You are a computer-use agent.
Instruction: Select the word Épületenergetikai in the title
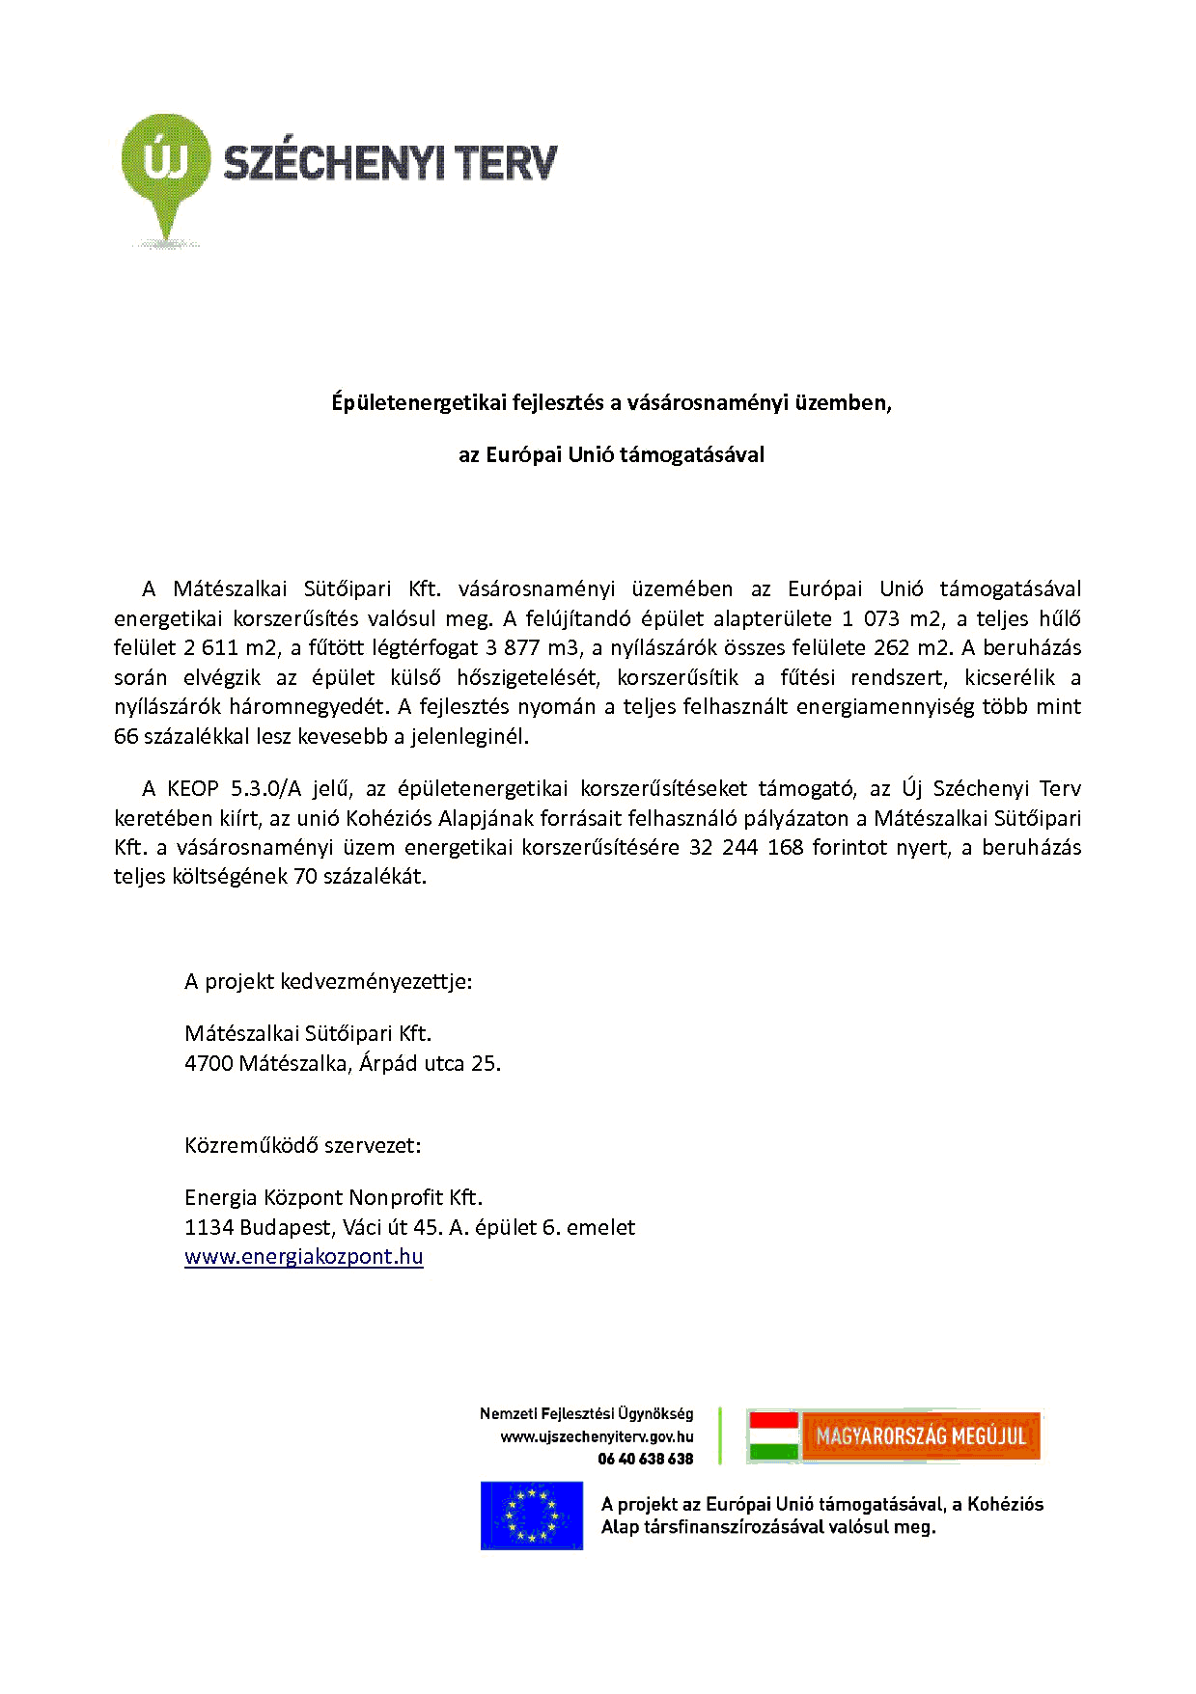(x=419, y=403)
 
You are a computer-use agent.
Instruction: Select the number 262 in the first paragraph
(x=891, y=648)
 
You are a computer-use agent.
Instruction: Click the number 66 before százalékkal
(x=125, y=737)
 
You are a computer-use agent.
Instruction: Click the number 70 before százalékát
(x=305, y=877)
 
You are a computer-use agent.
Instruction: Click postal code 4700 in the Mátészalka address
(x=209, y=1064)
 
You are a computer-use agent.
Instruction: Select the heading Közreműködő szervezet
(x=302, y=1146)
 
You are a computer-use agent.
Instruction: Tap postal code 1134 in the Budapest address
(x=209, y=1228)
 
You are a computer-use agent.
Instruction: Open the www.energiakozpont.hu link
(x=303, y=1257)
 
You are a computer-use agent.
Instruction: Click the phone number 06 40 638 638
(x=645, y=1460)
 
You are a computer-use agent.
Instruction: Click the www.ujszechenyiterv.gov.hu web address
(x=597, y=1437)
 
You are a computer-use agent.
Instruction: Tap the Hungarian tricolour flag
(x=774, y=1436)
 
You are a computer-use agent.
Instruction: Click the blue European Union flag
(x=531, y=1516)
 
